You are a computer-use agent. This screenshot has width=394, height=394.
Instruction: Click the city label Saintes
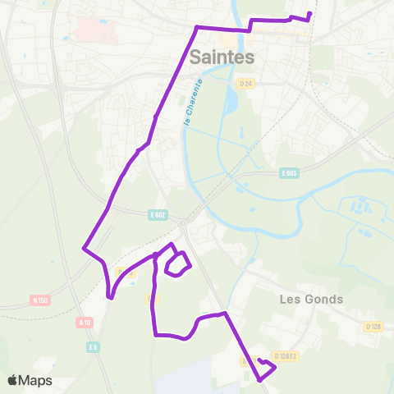222,57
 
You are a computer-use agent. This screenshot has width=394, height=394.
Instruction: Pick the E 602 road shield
158,214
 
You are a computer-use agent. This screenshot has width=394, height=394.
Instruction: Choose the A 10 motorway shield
85,323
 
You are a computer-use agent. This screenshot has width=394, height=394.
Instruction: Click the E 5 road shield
94,347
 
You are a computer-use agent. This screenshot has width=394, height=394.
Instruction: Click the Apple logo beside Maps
12,380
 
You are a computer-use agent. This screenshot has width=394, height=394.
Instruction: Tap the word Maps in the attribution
36,380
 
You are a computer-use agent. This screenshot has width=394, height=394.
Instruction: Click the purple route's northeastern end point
310,13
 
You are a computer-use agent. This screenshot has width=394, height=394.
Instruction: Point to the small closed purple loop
177,264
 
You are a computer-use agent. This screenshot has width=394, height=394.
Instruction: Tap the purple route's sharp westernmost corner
84,247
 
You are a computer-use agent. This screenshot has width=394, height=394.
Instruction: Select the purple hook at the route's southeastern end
265,369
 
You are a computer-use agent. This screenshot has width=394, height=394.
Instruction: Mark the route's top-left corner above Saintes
197,28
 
